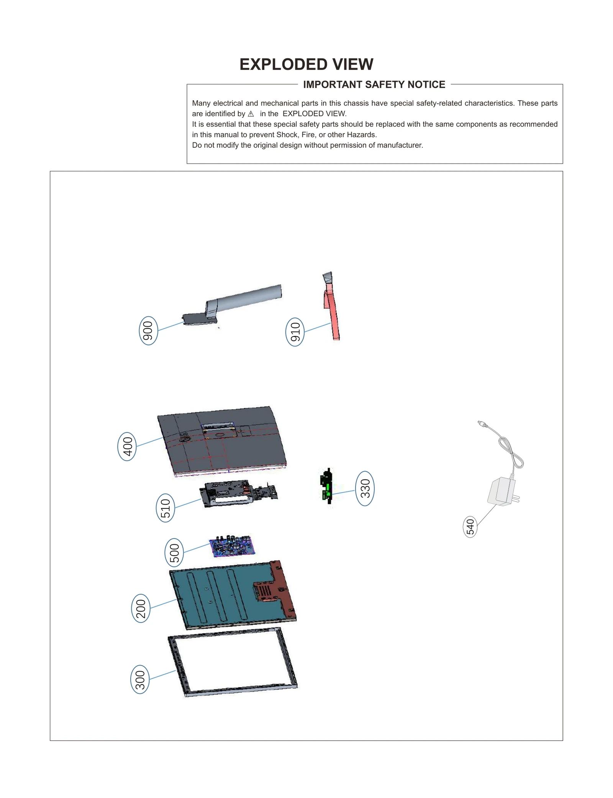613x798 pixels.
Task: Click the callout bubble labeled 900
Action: point(148,330)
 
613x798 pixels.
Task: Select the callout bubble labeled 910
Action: point(295,332)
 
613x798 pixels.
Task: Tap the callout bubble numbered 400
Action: point(127,446)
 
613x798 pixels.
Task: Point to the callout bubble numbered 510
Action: point(166,508)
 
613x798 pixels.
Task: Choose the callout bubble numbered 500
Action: point(174,552)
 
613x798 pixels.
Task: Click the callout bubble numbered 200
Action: point(141,608)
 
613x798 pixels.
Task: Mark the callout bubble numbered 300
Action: point(140,679)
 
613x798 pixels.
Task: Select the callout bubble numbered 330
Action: point(365,488)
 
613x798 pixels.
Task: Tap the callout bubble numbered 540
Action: point(470,527)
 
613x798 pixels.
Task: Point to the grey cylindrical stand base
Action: point(245,298)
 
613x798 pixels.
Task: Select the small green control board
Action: point(327,486)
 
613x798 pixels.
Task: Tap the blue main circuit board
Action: point(232,546)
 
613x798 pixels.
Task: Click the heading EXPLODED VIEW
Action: point(306,64)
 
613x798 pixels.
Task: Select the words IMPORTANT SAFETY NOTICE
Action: point(374,85)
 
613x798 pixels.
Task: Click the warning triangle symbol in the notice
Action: point(251,114)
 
